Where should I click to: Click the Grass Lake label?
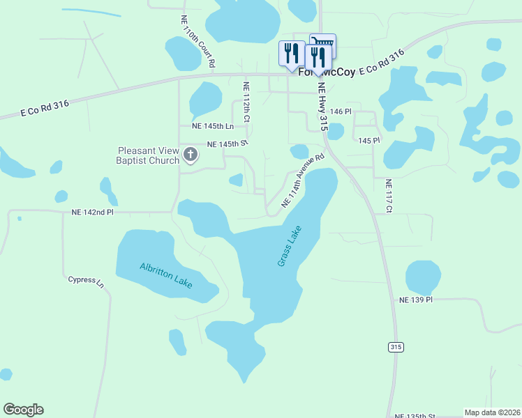pyautogui.click(x=289, y=246)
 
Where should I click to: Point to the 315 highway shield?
pyautogui.click(x=396, y=347)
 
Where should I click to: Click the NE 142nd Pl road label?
pyautogui.click(x=92, y=212)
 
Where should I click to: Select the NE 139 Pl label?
pyautogui.click(x=416, y=300)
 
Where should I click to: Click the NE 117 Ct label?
pyautogui.click(x=389, y=196)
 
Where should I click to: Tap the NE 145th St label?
pyautogui.click(x=228, y=144)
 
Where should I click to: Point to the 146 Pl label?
pyautogui.click(x=341, y=111)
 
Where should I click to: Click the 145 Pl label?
pyautogui.click(x=368, y=140)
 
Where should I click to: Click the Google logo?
pyautogui.click(x=23, y=410)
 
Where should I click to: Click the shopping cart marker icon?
pyautogui.click(x=323, y=43)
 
